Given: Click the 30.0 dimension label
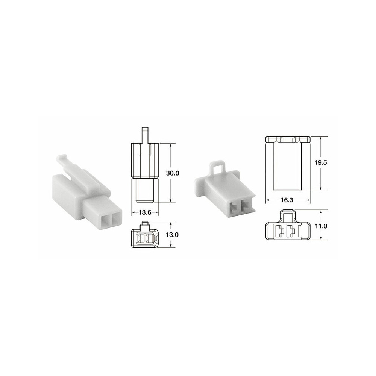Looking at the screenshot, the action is point(173,173).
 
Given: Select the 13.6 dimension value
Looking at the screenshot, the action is point(145,212).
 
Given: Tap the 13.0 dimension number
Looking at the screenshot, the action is point(172,235).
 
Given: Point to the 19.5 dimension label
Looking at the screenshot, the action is point(321,162).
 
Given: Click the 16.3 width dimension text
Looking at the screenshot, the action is point(287,200).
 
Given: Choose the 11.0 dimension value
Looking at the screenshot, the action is point(321,226).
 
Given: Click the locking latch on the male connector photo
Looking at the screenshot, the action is point(64,162).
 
